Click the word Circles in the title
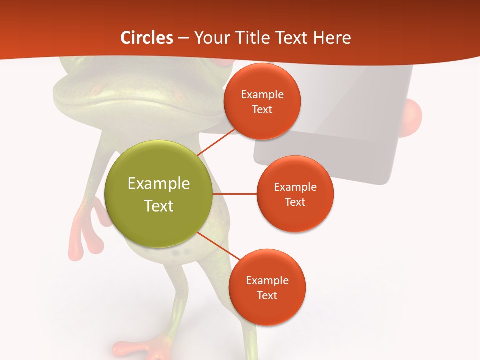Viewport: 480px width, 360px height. (x=147, y=38)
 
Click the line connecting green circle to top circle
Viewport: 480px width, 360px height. (x=216, y=142)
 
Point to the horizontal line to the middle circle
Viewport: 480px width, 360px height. (x=235, y=194)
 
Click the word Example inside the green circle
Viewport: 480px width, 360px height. (x=159, y=184)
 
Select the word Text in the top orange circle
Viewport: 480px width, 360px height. (x=262, y=110)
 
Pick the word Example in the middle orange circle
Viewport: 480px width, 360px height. (x=295, y=187)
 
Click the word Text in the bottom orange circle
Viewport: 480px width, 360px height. (x=267, y=295)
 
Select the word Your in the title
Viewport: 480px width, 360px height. (x=209, y=38)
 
